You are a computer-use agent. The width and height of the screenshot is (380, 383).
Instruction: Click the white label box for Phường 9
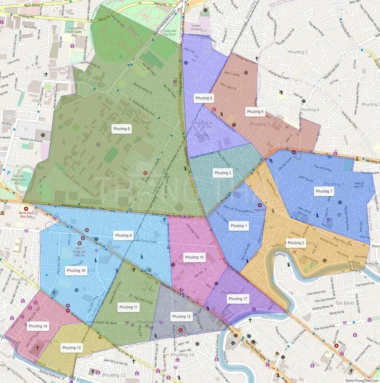coord(122,129)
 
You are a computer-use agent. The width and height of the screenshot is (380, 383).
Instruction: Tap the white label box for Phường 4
coord(204,98)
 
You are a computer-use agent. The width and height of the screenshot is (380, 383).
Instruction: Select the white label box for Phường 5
coord(255,112)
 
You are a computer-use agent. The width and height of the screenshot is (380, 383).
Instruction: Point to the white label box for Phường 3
coord(223,173)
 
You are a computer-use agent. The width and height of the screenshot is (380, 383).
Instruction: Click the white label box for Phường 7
coord(324,191)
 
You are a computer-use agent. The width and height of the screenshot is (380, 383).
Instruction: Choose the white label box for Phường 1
coord(239,226)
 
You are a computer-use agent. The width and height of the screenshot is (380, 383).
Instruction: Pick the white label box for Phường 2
coord(296,243)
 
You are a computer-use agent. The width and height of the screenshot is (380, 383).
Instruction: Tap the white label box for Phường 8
coord(123,236)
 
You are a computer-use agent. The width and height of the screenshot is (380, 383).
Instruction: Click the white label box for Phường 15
coord(193,257)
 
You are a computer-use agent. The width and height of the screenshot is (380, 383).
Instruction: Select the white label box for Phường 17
coord(238,299)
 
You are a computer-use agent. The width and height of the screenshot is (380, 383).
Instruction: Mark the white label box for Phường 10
coord(76,271)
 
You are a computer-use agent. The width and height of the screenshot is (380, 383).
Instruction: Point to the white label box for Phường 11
coord(128,307)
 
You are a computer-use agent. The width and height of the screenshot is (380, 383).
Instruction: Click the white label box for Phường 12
coord(181,317)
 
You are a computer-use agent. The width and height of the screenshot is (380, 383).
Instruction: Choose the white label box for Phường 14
coord(38,326)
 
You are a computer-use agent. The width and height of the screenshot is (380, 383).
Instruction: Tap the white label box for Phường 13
coord(71,348)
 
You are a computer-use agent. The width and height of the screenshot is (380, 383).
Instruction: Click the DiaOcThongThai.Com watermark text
coord(362,380)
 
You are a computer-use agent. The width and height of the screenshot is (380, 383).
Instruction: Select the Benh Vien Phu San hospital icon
coord(26,209)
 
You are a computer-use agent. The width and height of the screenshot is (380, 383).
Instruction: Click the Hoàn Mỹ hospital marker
coord(260,205)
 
